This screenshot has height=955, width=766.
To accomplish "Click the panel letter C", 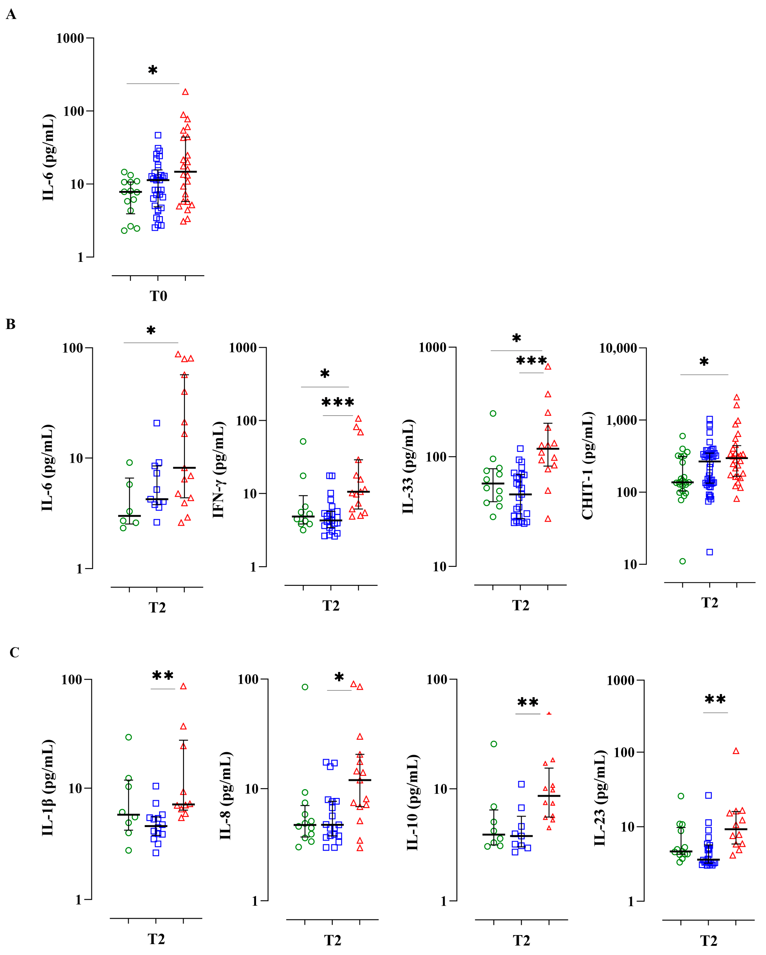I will click(14, 652).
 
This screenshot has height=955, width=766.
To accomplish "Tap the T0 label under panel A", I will click(158, 296).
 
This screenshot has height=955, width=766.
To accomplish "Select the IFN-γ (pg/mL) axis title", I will click(219, 470).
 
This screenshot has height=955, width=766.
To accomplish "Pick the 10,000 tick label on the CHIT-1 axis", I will click(618, 348).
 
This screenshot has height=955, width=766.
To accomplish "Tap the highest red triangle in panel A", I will click(185, 92).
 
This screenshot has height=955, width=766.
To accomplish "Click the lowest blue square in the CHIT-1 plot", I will click(709, 552).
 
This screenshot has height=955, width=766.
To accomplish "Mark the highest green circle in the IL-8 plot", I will click(305, 687).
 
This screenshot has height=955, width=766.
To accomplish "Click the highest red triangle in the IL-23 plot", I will click(736, 751).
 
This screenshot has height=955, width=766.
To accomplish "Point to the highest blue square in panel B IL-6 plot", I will click(157, 423).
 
